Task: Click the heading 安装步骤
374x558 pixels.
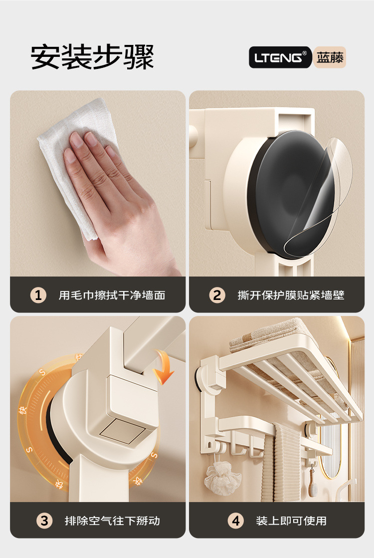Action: pos(92,57)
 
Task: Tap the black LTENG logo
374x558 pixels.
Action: pos(280,57)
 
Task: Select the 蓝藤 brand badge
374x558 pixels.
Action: pos(330,57)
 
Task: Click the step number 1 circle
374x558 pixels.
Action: pos(38,295)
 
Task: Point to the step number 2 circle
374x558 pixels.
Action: pos(217,295)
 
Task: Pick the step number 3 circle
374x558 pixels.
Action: pos(44,521)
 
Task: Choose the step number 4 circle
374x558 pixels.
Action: pos(236,521)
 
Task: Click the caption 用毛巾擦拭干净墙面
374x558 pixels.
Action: pos(112,295)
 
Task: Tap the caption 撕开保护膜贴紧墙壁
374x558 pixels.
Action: pos(291,295)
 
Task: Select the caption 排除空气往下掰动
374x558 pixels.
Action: pos(112,521)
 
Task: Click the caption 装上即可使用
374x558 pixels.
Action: pos(291,521)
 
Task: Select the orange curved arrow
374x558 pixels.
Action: pos(164,366)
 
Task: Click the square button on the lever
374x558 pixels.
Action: pos(122,431)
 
